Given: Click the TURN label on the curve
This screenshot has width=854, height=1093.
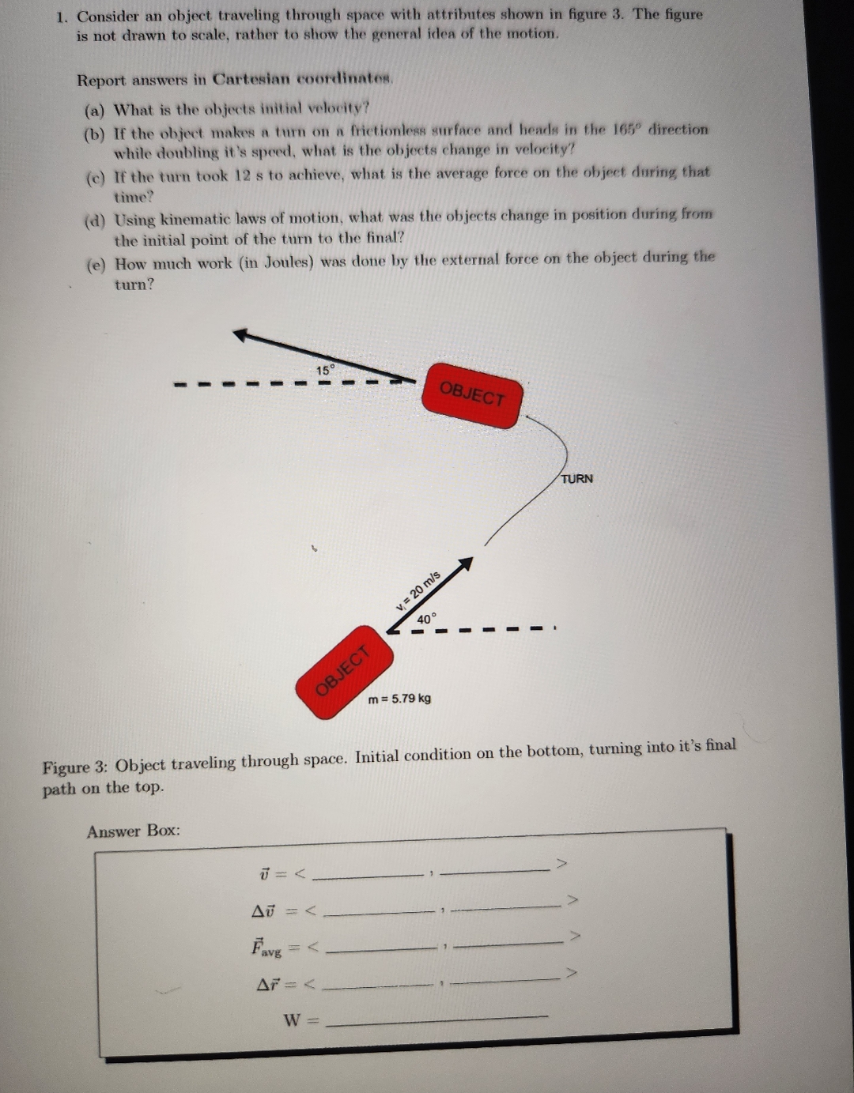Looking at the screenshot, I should pyautogui.click(x=576, y=479).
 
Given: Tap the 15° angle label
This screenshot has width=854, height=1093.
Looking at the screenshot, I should pyautogui.click(x=326, y=370).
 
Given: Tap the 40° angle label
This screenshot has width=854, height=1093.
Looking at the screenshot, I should pyautogui.click(x=426, y=619).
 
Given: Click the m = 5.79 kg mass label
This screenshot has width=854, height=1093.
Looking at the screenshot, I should pyautogui.click(x=400, y=699).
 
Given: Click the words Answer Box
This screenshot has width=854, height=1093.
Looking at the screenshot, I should pyautogui.click(x=134, y=831).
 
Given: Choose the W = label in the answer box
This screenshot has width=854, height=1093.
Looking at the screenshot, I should pyautogui.click(x=300, y=1020).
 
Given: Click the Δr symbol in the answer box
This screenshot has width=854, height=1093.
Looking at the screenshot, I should pyautogui.click(x=270, y=984).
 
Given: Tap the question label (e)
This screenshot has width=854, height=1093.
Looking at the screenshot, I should pyautogui.click(x=94, y=266).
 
